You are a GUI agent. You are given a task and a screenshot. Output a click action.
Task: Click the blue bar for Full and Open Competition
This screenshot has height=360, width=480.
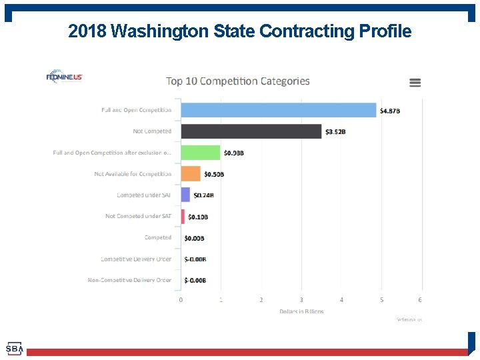279,110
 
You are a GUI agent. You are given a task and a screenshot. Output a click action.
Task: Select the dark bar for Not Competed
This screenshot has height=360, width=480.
251,131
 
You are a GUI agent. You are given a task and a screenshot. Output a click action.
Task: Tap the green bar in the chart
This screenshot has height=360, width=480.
201,153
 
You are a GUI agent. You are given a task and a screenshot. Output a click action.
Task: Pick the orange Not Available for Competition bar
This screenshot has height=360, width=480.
191,174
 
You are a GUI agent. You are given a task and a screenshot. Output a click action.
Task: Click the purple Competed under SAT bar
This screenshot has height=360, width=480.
185,195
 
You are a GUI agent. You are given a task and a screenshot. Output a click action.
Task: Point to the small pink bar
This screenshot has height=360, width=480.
183,217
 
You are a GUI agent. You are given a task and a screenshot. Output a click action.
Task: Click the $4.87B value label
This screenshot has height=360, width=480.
390,111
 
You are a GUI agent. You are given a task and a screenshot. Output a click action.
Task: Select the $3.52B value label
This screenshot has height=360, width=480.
335,132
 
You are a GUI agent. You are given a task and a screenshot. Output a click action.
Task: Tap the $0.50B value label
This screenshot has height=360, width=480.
214,175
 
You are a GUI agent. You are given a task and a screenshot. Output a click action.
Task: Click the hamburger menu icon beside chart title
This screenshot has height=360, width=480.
415,83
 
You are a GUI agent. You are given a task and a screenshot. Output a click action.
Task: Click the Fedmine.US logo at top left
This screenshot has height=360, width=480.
64,77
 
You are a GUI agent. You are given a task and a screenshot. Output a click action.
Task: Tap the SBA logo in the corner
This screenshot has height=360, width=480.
14,349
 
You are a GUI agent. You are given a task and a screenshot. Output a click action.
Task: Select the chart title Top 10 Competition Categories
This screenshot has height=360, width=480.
238,81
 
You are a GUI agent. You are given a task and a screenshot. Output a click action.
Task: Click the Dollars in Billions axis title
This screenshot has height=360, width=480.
301,311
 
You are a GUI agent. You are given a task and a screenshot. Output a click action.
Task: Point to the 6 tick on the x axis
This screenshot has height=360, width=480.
420,300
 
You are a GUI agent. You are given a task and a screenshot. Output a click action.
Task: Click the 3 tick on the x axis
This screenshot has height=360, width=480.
301,300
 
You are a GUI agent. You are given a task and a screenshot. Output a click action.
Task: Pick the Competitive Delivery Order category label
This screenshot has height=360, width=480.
136,259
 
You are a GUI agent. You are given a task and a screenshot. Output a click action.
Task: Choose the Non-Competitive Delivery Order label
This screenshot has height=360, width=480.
129,281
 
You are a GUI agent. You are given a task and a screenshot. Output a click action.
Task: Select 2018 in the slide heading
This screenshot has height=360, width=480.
88,31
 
